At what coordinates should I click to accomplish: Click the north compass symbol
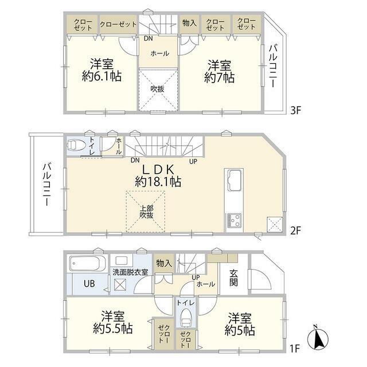[x=318, y=337]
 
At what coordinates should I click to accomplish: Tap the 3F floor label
[x=295, y=110]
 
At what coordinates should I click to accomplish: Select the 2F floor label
[x=295, y=231]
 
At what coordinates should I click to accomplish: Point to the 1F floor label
[x=295, y=349]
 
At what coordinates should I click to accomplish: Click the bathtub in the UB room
[x=87, y=263]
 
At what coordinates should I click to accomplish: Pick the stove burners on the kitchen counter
[x=234, y=220]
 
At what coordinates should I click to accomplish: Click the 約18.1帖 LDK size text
[x=158, y=182]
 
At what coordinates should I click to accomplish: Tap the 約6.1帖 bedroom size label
[x=102, y=76]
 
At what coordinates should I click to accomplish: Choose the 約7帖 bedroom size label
[x=219, y=77]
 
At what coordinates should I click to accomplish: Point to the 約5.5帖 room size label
[x=113, y=329]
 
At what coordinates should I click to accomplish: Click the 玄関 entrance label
[x=233, y=278]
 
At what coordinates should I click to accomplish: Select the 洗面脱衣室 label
[x=130, y=272]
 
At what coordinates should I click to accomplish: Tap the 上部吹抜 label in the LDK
[x=147, y=212]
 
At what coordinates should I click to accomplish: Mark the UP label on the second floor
[x=193, y=161]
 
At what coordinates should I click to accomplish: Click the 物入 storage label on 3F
[x=189, y=23]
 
